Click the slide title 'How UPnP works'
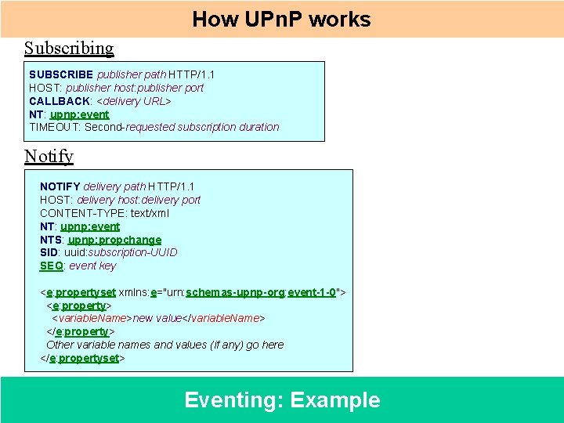coord(281,20)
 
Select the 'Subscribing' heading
coord(69,49)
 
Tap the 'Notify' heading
coord(49,156)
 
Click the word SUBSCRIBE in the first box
coord(61,74)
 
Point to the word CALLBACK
coord(60,101)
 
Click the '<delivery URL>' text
coord(133,101)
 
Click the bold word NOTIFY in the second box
coord(60,186)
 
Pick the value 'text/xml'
coord(150,213)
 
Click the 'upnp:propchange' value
coord(114,240)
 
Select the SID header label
coord(49,252)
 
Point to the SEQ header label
coord(51,266)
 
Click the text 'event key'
coord(92,266)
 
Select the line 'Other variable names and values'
coord(164,345)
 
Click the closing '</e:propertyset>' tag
coord(83,358)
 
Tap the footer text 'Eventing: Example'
coord(282,400)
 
